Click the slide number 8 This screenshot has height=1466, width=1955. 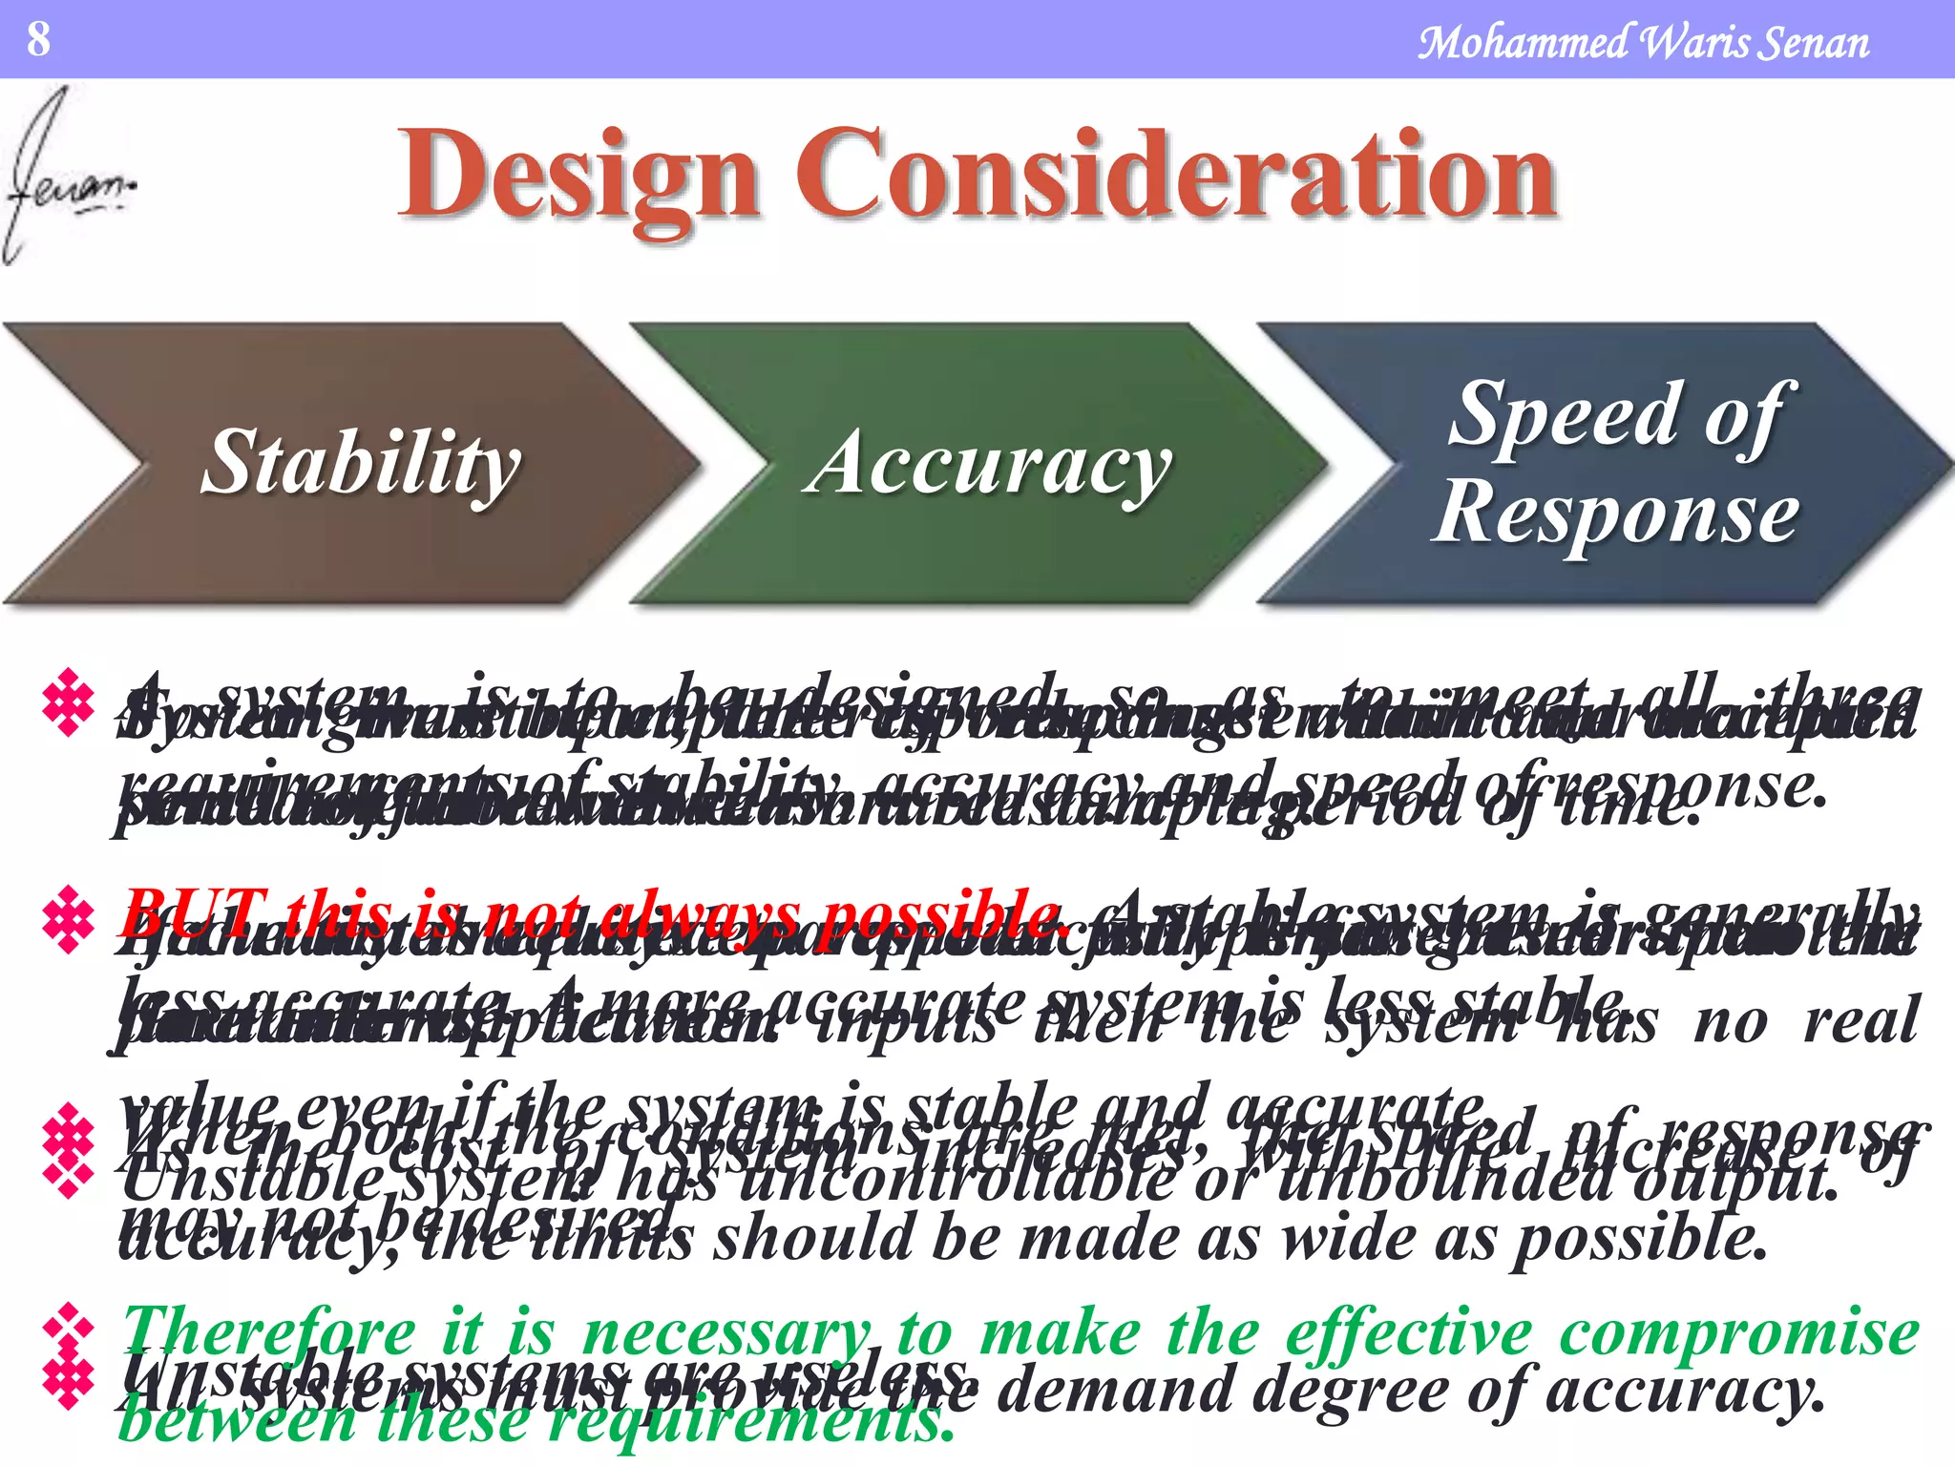38,39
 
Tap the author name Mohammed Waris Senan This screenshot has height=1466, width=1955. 1642,43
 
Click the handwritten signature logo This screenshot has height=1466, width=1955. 67,177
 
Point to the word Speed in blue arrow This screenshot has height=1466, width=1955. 1566,413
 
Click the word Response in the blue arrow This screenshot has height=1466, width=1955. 1617,513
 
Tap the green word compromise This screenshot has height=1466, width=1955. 1737,1331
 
